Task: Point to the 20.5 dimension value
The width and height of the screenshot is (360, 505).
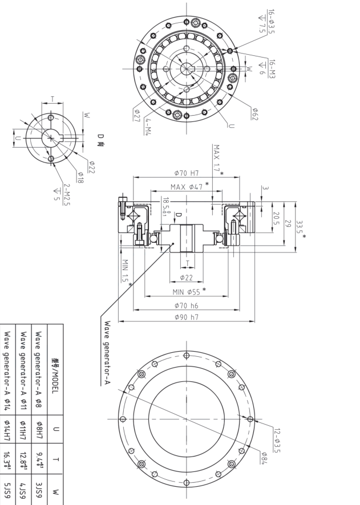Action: (x=276, y=219)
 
